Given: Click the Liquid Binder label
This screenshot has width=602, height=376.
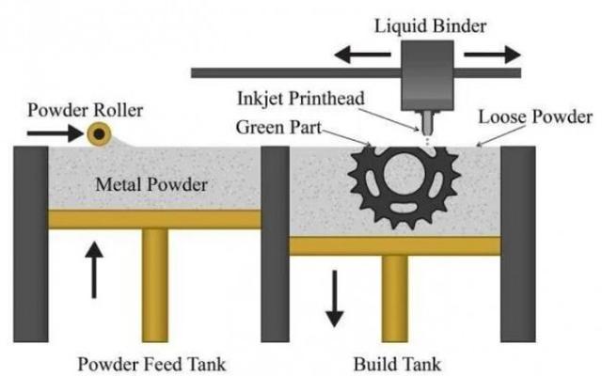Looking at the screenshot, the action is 431,27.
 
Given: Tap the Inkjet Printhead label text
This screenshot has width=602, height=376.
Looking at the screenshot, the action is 301,99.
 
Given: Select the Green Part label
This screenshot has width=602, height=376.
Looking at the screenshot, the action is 278,128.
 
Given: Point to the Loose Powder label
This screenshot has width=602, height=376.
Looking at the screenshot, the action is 535,117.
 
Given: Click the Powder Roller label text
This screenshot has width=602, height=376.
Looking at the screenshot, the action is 86,111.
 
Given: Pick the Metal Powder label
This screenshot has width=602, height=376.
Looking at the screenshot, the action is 151,184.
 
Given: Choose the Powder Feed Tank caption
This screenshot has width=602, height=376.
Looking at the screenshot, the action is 151,364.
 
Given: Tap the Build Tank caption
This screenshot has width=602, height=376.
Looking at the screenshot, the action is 397,364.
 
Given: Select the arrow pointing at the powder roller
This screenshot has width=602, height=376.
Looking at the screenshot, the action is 55,133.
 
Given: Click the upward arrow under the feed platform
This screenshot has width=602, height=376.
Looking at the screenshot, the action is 94,270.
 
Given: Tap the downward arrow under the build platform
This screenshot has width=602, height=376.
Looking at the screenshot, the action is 335,299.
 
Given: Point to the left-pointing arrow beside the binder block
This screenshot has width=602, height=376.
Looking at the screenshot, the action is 362,55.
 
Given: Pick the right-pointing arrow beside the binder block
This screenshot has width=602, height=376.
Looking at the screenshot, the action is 492,55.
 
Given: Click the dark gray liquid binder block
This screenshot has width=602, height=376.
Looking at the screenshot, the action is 427,75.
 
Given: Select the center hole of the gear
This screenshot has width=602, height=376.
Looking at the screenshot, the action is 404,173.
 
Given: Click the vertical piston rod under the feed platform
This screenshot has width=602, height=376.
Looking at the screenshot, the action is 154,286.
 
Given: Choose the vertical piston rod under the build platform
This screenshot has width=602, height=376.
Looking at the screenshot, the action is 394,299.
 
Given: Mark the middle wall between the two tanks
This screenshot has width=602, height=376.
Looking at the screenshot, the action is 275,244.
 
